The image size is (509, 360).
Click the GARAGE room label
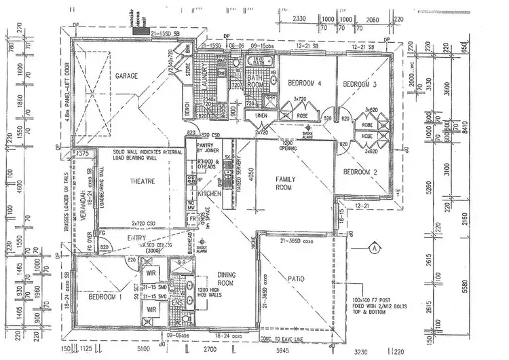click(126, 75)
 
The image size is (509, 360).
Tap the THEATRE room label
click(143, 181)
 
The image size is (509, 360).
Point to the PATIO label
click(295, 278)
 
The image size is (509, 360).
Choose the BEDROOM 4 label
click(303, 83)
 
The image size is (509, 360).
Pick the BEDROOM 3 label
click(359, 84)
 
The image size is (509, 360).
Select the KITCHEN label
click(209, 194)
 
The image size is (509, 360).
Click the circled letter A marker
click(374, 248)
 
